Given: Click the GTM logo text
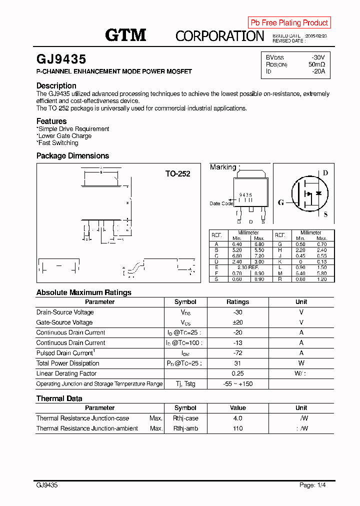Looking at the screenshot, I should coord(125,35).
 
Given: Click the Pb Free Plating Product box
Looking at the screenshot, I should coord(289,22).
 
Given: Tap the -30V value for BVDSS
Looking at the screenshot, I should coord(318,57).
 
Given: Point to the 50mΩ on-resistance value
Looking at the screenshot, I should coord(316,64).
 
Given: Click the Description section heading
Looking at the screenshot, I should coord(56,85).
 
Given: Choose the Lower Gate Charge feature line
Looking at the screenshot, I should coord(64,136).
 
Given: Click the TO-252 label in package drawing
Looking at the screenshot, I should coord(178,174).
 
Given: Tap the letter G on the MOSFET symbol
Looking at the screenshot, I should coord(281,202).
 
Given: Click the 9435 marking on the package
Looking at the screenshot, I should coord(245,195).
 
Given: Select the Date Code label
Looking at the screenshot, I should coord(221,203).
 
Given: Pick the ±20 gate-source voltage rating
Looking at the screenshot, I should coord(237,322).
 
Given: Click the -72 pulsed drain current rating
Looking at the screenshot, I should coord(237,353).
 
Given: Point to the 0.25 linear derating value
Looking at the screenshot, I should coord(237,373).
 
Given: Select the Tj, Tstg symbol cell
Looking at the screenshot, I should coord(185,384).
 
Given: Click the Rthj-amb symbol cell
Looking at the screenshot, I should coord(185,428).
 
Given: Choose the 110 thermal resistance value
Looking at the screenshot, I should coord(237,428).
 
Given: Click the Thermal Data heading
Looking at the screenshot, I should coord(59,398).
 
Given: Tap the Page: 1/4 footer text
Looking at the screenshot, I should coord(315,485).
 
